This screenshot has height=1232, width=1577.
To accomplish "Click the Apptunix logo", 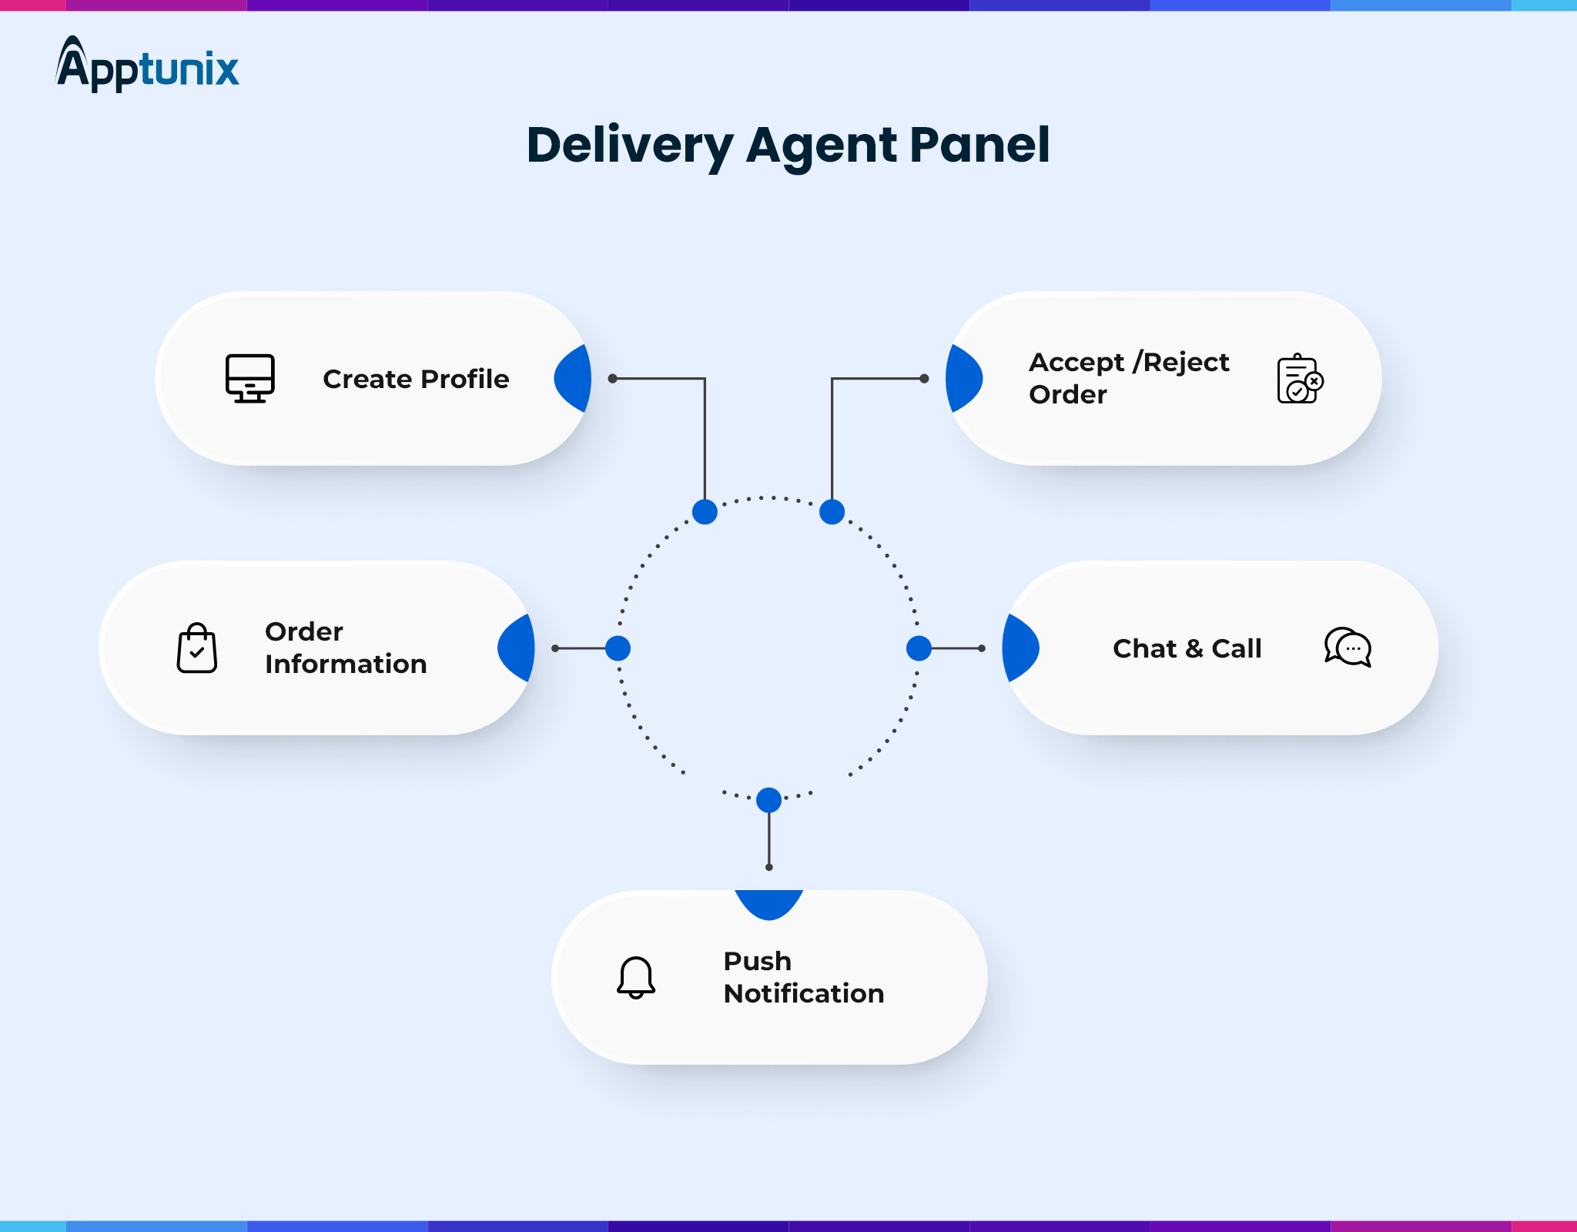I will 147,65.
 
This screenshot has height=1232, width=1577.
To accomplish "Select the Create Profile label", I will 416,379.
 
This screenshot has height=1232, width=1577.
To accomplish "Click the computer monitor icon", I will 249,378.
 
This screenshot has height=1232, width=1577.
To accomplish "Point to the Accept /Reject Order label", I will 1129,378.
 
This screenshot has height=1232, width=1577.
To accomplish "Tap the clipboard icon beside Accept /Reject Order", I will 1299,379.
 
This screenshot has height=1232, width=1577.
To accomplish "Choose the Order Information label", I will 346,648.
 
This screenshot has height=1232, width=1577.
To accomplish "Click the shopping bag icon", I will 197,648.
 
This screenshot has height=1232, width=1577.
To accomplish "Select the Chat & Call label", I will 1187,648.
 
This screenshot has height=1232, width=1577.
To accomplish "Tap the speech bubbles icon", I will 1348,647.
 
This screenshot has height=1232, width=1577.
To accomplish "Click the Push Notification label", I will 803,977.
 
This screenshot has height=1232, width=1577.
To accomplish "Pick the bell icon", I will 636,977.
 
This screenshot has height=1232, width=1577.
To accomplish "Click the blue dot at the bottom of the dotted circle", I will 768,800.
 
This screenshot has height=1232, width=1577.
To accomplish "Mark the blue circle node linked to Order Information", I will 618,648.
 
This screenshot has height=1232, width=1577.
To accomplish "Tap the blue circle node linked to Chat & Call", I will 919,648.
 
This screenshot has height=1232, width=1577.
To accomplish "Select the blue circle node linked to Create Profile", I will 705,511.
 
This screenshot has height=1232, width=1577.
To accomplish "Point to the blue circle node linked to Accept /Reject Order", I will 832,511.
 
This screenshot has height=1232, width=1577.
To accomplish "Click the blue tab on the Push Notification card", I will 768,902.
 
